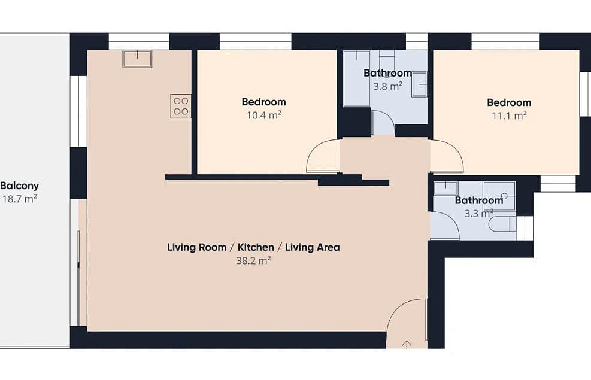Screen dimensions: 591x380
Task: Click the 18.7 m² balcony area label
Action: (x=20, y=199)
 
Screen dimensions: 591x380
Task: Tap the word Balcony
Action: (x=20, y=186)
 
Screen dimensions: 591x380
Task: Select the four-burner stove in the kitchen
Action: (x=181, y=106)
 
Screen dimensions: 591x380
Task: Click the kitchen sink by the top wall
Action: (x=137, y=59)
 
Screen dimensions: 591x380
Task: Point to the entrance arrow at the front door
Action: (x=407, y=345)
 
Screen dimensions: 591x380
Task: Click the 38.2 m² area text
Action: (x=254, y=260)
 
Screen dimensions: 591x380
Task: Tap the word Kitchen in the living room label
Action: (x=256, y=247)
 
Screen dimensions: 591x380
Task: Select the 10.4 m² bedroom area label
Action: (x=264, y=115)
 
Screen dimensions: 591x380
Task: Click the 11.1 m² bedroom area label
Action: (x=509, y=115)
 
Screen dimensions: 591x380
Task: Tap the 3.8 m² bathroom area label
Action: (x=388, y=86)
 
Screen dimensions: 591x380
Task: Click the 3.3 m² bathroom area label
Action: (x=478, y=214)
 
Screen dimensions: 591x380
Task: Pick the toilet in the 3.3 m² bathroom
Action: (x=502, y=224)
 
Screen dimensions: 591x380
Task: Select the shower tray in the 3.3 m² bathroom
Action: (x=499, y=196)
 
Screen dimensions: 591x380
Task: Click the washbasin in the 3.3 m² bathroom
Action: (x=446, y=189)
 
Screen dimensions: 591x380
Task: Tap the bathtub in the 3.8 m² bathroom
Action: (x=356, y=79)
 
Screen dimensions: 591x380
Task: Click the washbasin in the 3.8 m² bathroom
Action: (x=419, y=85)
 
